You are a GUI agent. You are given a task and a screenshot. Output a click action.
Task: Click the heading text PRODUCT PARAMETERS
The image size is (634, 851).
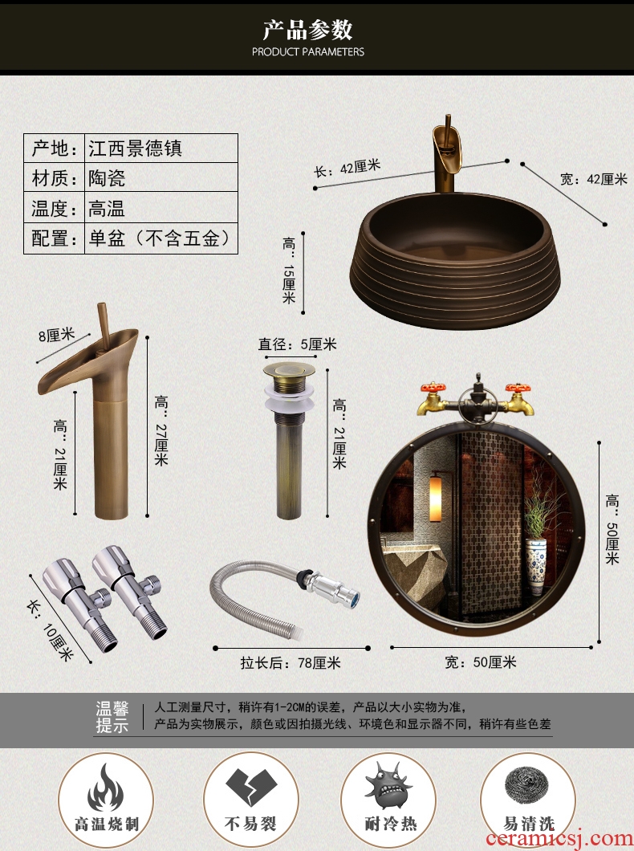click(308, 52)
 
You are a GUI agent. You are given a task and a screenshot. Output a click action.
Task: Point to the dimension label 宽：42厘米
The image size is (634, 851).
click(593, 179)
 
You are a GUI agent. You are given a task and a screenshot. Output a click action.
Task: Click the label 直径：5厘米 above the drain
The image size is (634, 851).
click(297, 344)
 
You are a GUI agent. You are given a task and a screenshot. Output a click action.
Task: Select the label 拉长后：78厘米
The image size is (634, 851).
click(291, 662)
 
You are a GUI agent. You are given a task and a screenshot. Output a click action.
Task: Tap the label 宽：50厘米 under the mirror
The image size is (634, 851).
click(481, 662)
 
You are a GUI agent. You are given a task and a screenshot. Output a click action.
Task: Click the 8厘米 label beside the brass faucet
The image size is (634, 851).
click(56, 336)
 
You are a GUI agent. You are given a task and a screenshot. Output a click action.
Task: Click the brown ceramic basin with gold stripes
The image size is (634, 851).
click(457, 260)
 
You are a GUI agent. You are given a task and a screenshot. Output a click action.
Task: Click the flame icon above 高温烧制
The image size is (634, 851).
click(106, 787)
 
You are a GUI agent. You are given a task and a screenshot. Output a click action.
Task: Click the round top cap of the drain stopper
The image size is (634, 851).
click(289, 371)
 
